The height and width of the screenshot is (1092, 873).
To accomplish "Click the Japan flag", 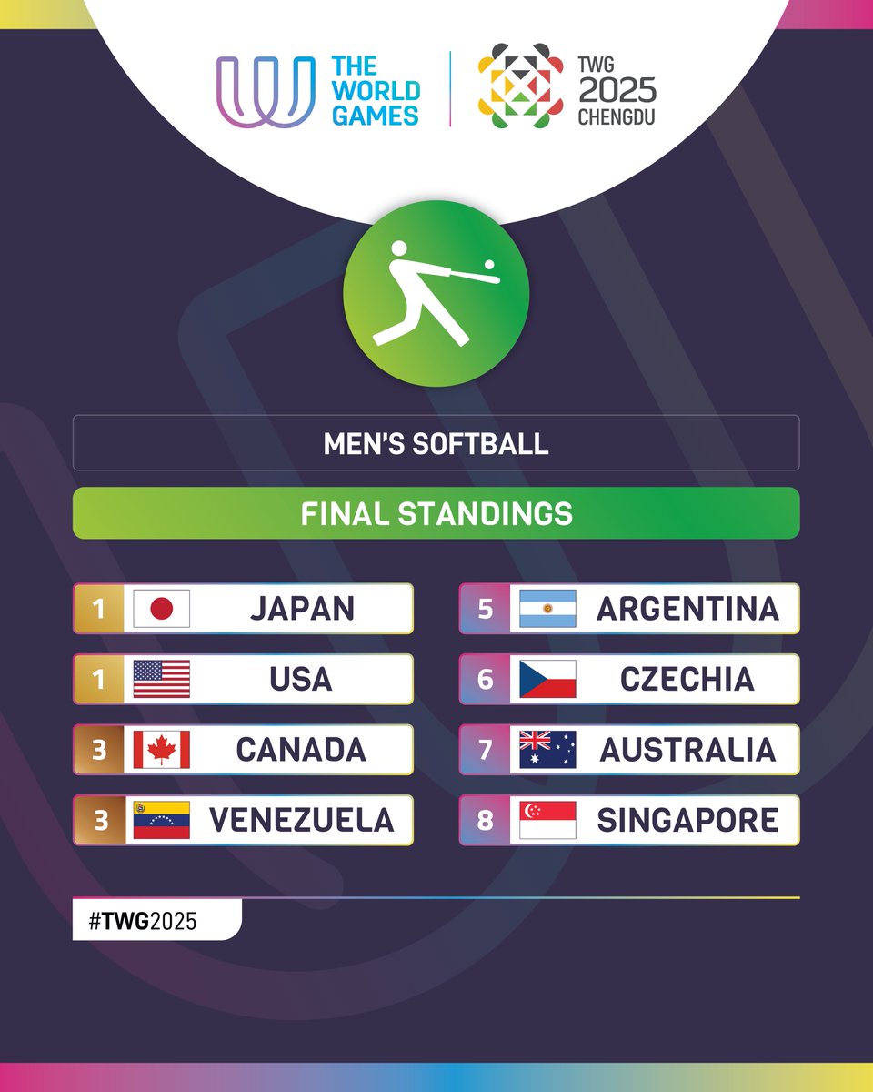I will click(x=162, y=609).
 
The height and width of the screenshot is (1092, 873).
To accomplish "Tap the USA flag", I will click(x=162, y=679).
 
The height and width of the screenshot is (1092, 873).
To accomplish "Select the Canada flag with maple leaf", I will click(x=162, y=750).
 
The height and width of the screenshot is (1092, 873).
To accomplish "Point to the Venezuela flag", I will click(x=162, y=820).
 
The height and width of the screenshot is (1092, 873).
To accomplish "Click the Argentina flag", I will click(x=547, y=609).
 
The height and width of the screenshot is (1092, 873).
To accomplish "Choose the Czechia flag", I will click(x=547, y=679).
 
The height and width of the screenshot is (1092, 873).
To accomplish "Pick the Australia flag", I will click(x=547, y=750).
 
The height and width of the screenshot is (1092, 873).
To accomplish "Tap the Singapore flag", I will click(x=547, y=820).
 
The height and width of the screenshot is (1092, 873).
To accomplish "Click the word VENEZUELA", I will click(x=302, y=820).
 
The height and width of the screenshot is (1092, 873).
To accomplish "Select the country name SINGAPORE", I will click(x=687, y=820).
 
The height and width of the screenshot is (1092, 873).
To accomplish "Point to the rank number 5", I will click(x=485, y=609).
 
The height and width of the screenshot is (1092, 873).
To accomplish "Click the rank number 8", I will click(x=485, y=820).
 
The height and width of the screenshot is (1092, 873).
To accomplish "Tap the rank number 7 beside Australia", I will click(x=485, y=750).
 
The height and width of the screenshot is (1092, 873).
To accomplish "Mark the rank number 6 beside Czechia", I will click(x=485, y=679).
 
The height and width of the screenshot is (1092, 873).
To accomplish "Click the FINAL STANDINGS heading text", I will click(x=436, y=513).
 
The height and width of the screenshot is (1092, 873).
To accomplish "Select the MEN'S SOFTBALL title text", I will click(x=436, y=443).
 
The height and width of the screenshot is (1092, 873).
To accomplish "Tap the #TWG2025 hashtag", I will click(x=143, y=921).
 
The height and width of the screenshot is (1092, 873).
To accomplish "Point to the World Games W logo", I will click(x=265, y=91).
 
